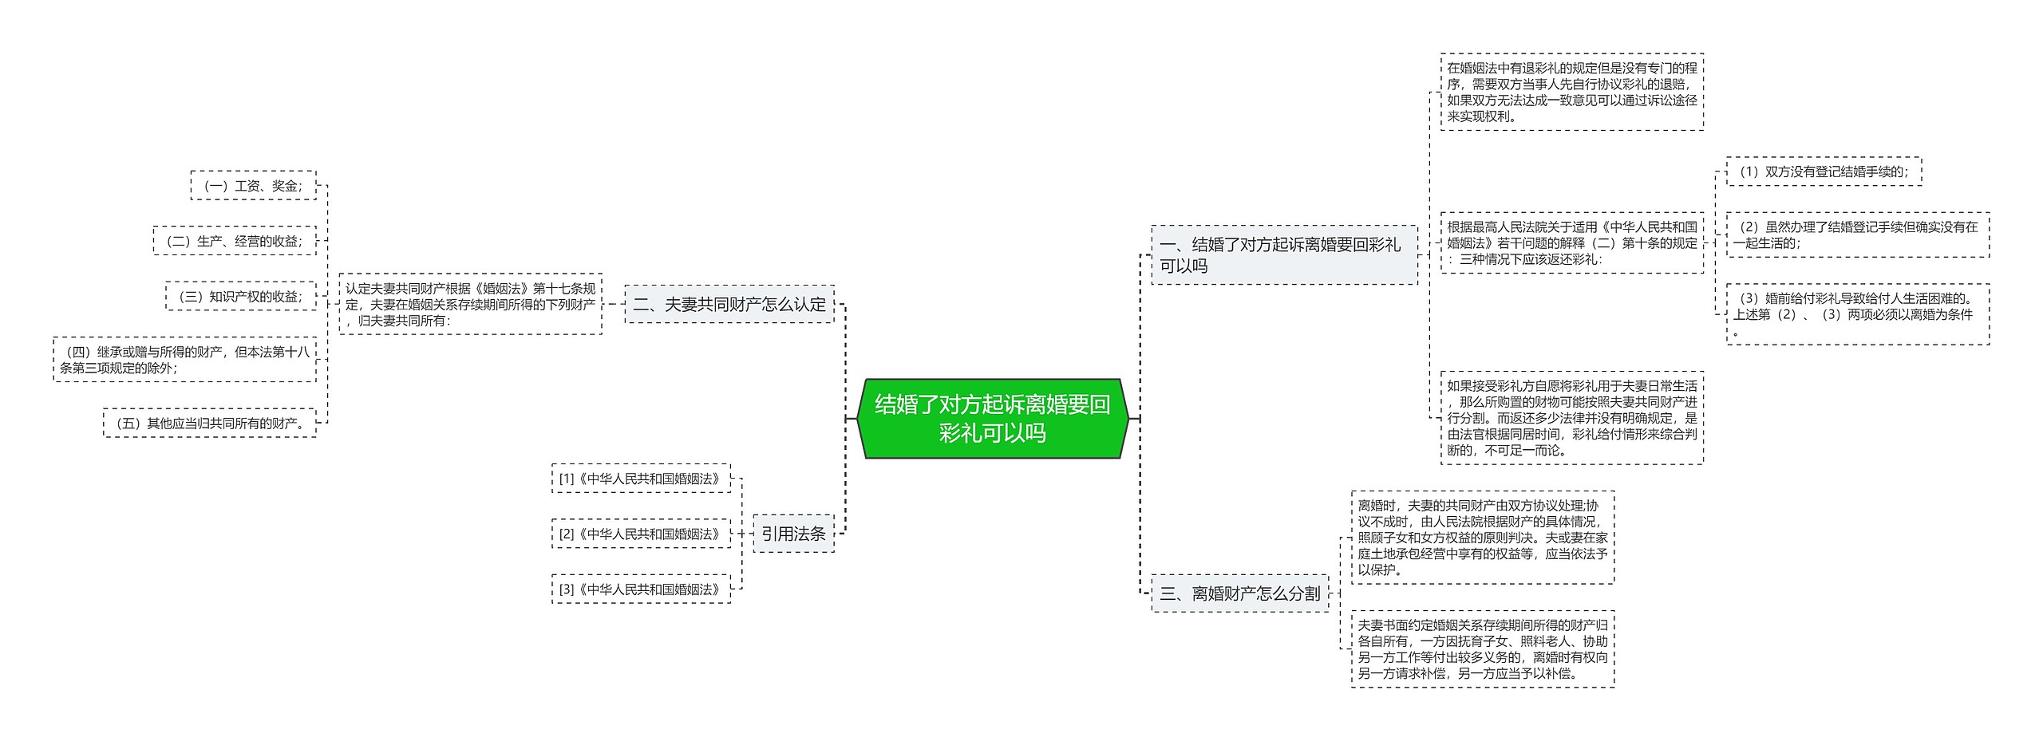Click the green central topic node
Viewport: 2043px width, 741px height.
pyautogui.click(x=992, y=419)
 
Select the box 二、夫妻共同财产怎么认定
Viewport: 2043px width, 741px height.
pyautogui.click(x=729, y=304)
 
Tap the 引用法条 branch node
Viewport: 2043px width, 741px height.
pyautogui.click(x=793, y=534)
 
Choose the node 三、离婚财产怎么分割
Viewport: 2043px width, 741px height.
pyautogui.click(x=1239, y=593)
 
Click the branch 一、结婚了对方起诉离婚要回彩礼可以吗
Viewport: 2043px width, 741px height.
pyautogui.click(x=1283, y=255)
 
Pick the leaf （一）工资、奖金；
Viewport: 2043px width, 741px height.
pyautogui.click(x=254, y=186)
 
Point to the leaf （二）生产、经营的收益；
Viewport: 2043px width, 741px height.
pyautogui.click(x=235, y=241)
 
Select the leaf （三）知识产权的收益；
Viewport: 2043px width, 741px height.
pyautogui.click(x=241, y=296)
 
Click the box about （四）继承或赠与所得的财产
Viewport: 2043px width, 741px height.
pyautogui.click(x=184, y=360)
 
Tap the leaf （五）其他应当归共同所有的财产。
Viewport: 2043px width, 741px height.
pyautogui.click(x=210, y=423)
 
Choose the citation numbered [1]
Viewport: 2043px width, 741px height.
pyautogui.click(x=641, y=479)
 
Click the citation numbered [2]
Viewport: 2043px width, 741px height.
pyautogui.click(x=641, y=534)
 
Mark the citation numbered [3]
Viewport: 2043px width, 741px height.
pyautogui.click(x=641, y=589)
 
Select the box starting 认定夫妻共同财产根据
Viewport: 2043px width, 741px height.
pyautogui.click(x=470, y=304)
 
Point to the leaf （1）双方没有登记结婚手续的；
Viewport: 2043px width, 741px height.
pyautogui.click(x=1824, y=171)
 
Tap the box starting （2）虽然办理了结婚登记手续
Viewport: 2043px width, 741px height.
pyautogui.click(x=1857, y=235)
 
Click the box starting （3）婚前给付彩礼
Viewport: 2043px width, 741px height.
pyautogui.click(x=1857, y=314)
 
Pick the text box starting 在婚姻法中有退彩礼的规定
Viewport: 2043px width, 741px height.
pyautogui.click(x=1571, y=92)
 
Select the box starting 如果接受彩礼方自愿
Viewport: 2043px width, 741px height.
pyautogui.click(x=1571, y=418)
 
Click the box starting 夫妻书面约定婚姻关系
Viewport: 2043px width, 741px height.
pyautogui.click(x=1482, y=648)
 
